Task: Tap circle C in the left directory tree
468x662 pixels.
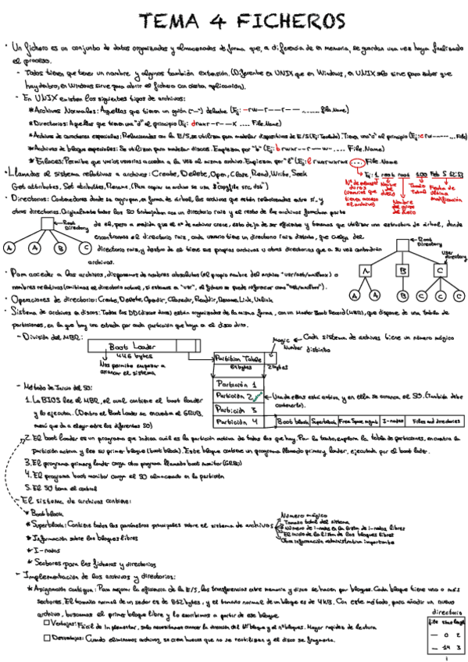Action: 84,248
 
